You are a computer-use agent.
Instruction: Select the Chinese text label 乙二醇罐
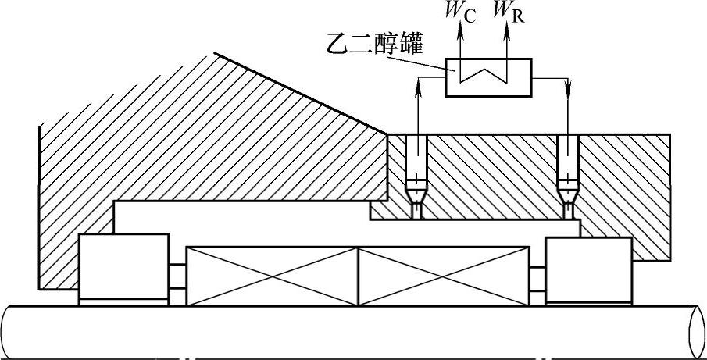tap(376, 45)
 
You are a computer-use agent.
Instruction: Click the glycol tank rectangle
tap(489, 77)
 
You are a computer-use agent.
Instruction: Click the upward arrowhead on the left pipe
tap(419, 87)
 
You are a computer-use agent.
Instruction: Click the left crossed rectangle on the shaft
tap(271, 276)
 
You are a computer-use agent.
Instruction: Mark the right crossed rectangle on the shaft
tap(442, 276)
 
